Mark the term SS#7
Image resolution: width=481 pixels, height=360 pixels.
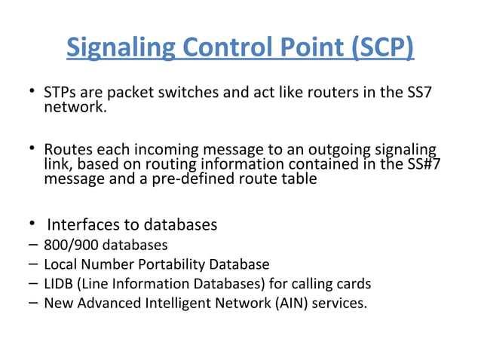tap(421, 165)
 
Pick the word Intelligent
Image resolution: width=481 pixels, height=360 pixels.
tap(170, 304)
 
